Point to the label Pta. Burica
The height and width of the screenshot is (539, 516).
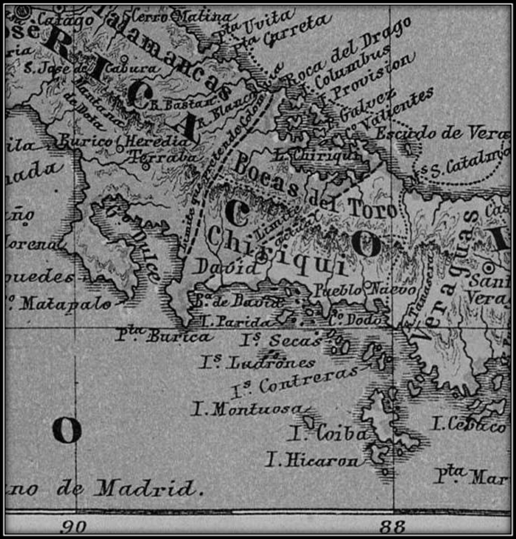click(x=165, y=337)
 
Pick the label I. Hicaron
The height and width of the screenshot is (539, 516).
click(x=313, y=460)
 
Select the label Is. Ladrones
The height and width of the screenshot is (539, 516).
click(x=258, y=362)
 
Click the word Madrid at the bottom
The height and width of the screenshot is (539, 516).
click(x=145, y=489)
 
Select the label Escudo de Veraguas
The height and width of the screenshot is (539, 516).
click(x=442, y=133)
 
